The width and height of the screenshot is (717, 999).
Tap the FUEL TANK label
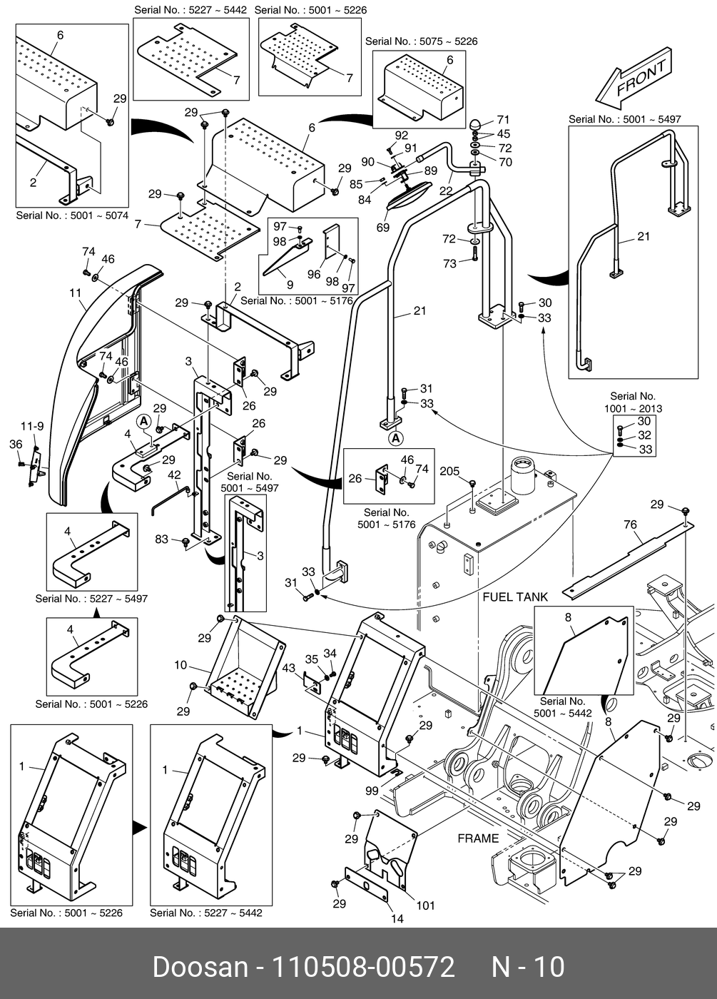(515, 597)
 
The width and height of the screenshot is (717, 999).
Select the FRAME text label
(478, 838)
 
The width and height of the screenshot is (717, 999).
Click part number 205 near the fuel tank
(449, 472)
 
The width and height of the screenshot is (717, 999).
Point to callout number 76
(630, 525)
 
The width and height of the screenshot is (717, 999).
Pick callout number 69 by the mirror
(383, 228)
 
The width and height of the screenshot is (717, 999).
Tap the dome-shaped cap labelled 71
(475, 124)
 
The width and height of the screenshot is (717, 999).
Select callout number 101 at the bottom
(425, 906)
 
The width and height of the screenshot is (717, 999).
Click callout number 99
(372, 791)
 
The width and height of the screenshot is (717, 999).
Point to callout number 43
(288, 668)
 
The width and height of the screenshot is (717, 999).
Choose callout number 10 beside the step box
(180, 665)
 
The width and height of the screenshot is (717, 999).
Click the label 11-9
(31, 427)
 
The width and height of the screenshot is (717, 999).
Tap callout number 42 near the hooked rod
(174, 475)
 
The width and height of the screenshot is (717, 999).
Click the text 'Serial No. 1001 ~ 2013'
(632, 402)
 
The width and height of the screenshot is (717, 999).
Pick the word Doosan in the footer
(200, 968)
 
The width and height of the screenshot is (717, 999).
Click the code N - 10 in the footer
(528, 968)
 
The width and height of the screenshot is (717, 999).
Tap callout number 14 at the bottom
(397, 918)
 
